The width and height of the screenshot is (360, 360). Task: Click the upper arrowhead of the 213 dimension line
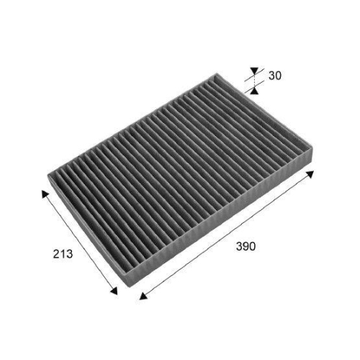(45, 194)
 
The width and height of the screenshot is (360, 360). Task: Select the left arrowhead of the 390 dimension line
(142, 295)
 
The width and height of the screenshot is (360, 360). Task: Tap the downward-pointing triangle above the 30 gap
(254, 73)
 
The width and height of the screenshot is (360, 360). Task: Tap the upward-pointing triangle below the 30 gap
(254, 89)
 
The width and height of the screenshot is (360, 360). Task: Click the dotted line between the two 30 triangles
(254, 81)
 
